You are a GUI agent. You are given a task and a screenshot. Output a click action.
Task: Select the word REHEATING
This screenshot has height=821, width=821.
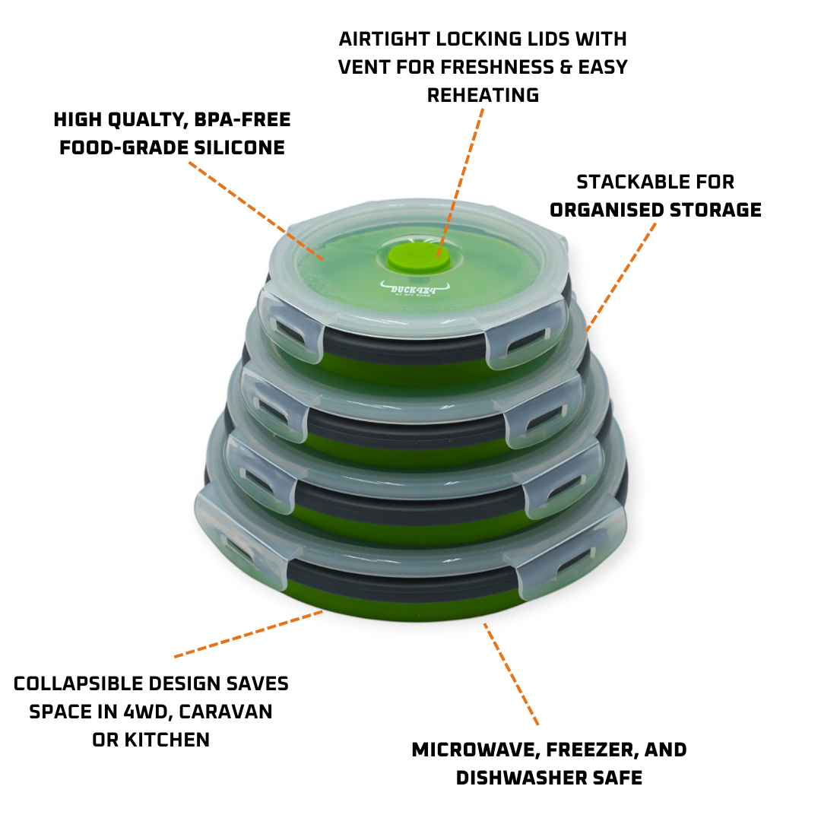[483, 95]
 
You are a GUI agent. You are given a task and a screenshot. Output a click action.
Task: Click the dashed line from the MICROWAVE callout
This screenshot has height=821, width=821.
[511, 674]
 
